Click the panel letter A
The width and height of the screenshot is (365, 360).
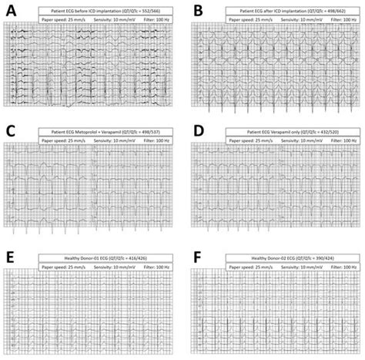point(11,12)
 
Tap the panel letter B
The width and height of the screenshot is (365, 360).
point(197,12)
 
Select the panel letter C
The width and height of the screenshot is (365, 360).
point(11,132)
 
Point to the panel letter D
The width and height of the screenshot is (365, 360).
point(197,132)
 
